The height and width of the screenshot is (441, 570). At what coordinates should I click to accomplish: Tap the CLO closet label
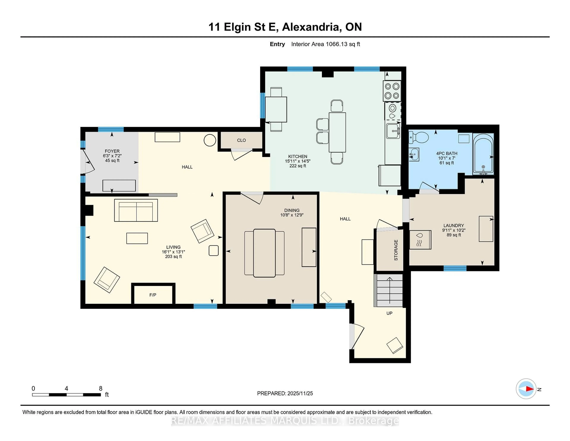[x=241, y=140]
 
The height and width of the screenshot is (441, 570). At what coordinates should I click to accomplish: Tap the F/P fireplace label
[x=153, y=295]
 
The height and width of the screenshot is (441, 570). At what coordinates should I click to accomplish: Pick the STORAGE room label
[x=396, y=250]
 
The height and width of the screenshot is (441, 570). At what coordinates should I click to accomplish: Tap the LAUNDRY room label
[x=454, y=225]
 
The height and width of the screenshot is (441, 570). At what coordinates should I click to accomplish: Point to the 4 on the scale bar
[x=66, y=389]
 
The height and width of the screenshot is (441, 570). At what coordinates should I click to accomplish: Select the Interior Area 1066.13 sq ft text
[x=326, y=44]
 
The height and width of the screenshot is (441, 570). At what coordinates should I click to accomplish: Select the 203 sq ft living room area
[x=173, y=257]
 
